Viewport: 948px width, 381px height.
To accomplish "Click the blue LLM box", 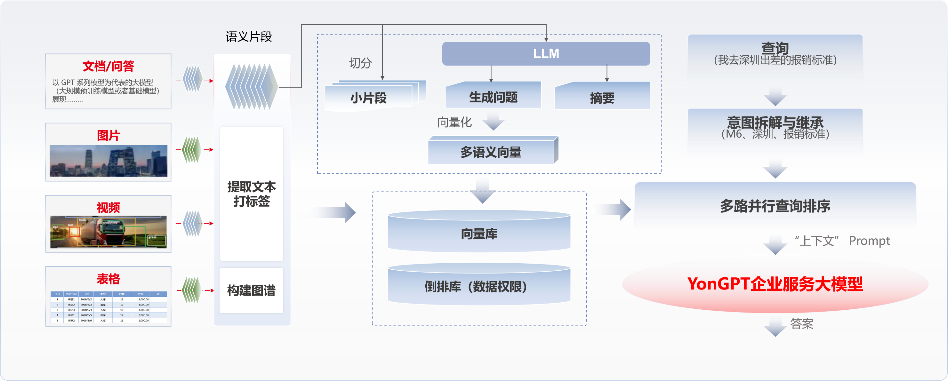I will [x=546, y=54].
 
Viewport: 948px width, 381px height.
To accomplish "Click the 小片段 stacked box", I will [x=368, y=98].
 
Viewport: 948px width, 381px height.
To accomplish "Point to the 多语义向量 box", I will [x=491, y=152].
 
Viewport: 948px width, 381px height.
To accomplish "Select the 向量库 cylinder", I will [x=479, y=234].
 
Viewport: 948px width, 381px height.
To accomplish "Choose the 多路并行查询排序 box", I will [x=775, y=206].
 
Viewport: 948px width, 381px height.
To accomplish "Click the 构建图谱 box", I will [x=251, y=290].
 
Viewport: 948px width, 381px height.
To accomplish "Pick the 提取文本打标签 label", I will [x=251, y=194].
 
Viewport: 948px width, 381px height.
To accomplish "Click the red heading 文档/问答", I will [x=108, y=66].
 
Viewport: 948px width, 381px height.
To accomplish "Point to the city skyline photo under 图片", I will [x=108, y=161].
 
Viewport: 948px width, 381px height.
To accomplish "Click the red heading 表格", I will [x=108, y=279].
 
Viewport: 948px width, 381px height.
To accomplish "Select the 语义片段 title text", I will [x=249, y=37].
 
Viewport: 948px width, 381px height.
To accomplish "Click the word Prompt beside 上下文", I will [x=869, y=241].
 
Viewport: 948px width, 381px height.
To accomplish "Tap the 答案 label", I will [x=801, y=324].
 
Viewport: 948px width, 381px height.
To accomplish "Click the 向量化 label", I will [x=454, y=122].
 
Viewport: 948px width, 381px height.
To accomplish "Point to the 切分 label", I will [x=360, y=63].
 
